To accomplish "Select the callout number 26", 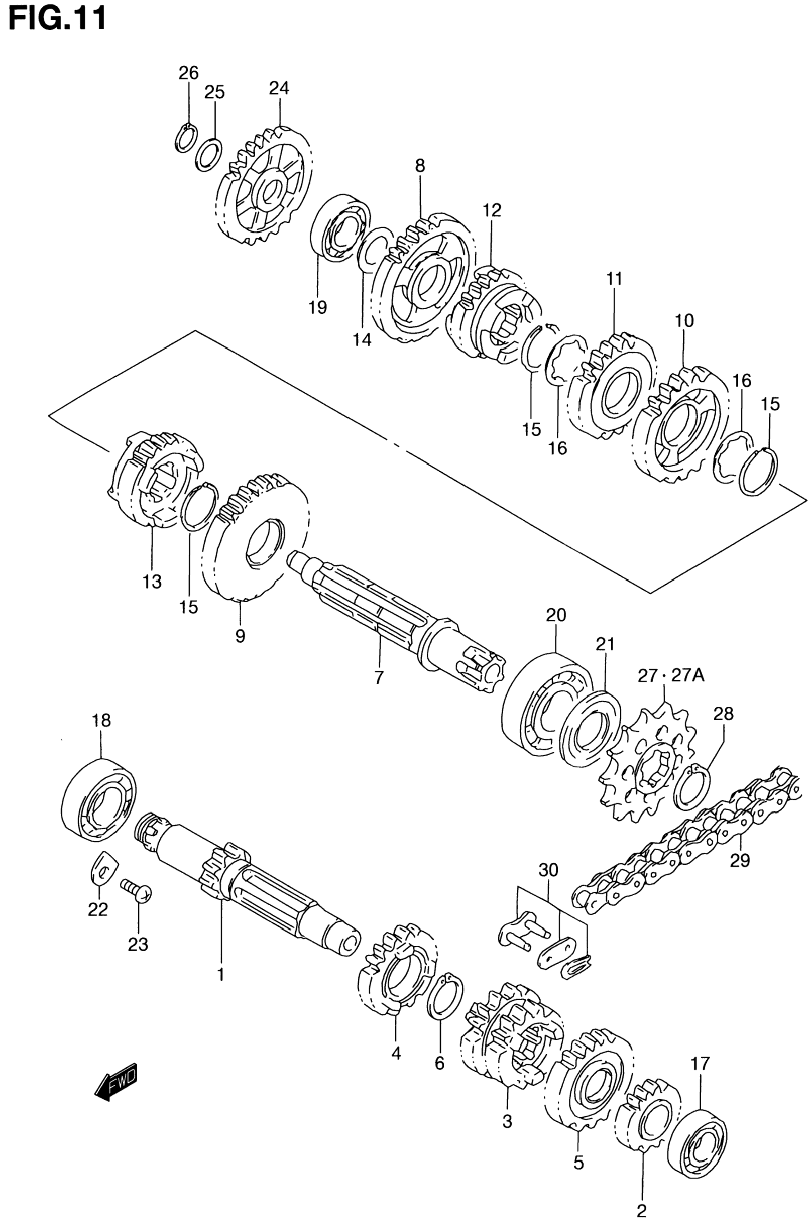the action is coord(189,73).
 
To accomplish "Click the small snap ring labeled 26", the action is coord(186,138).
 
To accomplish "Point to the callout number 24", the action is coord(279,89).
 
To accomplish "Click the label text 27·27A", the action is coord(671,676).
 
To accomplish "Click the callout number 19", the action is coord(318,307).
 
